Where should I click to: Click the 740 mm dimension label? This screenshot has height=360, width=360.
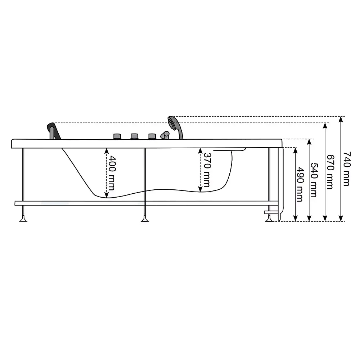click(347, 168)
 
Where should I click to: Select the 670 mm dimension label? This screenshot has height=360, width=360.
click(330, 172)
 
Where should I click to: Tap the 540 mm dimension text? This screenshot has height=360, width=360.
click(314, 180)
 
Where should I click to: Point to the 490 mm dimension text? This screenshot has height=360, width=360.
click(300, 184)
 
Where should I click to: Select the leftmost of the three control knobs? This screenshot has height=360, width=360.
click(117, 136)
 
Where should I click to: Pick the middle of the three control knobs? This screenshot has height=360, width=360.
click(134, 136)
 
